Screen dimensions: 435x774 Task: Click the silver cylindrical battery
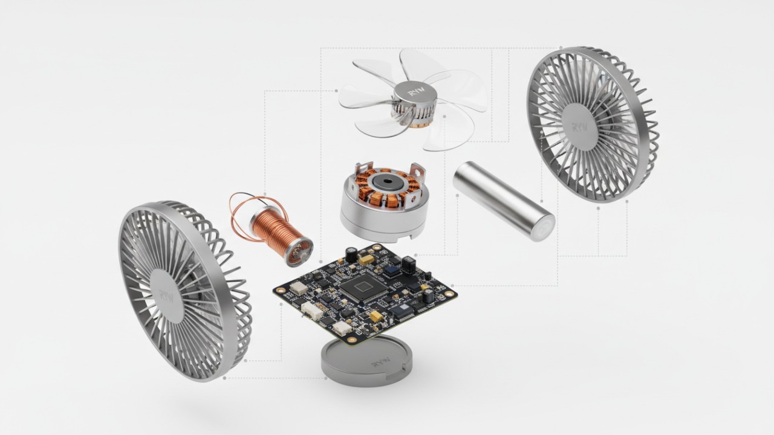click(502, 199)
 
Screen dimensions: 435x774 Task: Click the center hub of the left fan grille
click(167, 294)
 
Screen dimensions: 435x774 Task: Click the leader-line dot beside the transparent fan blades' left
click(336, 91)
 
